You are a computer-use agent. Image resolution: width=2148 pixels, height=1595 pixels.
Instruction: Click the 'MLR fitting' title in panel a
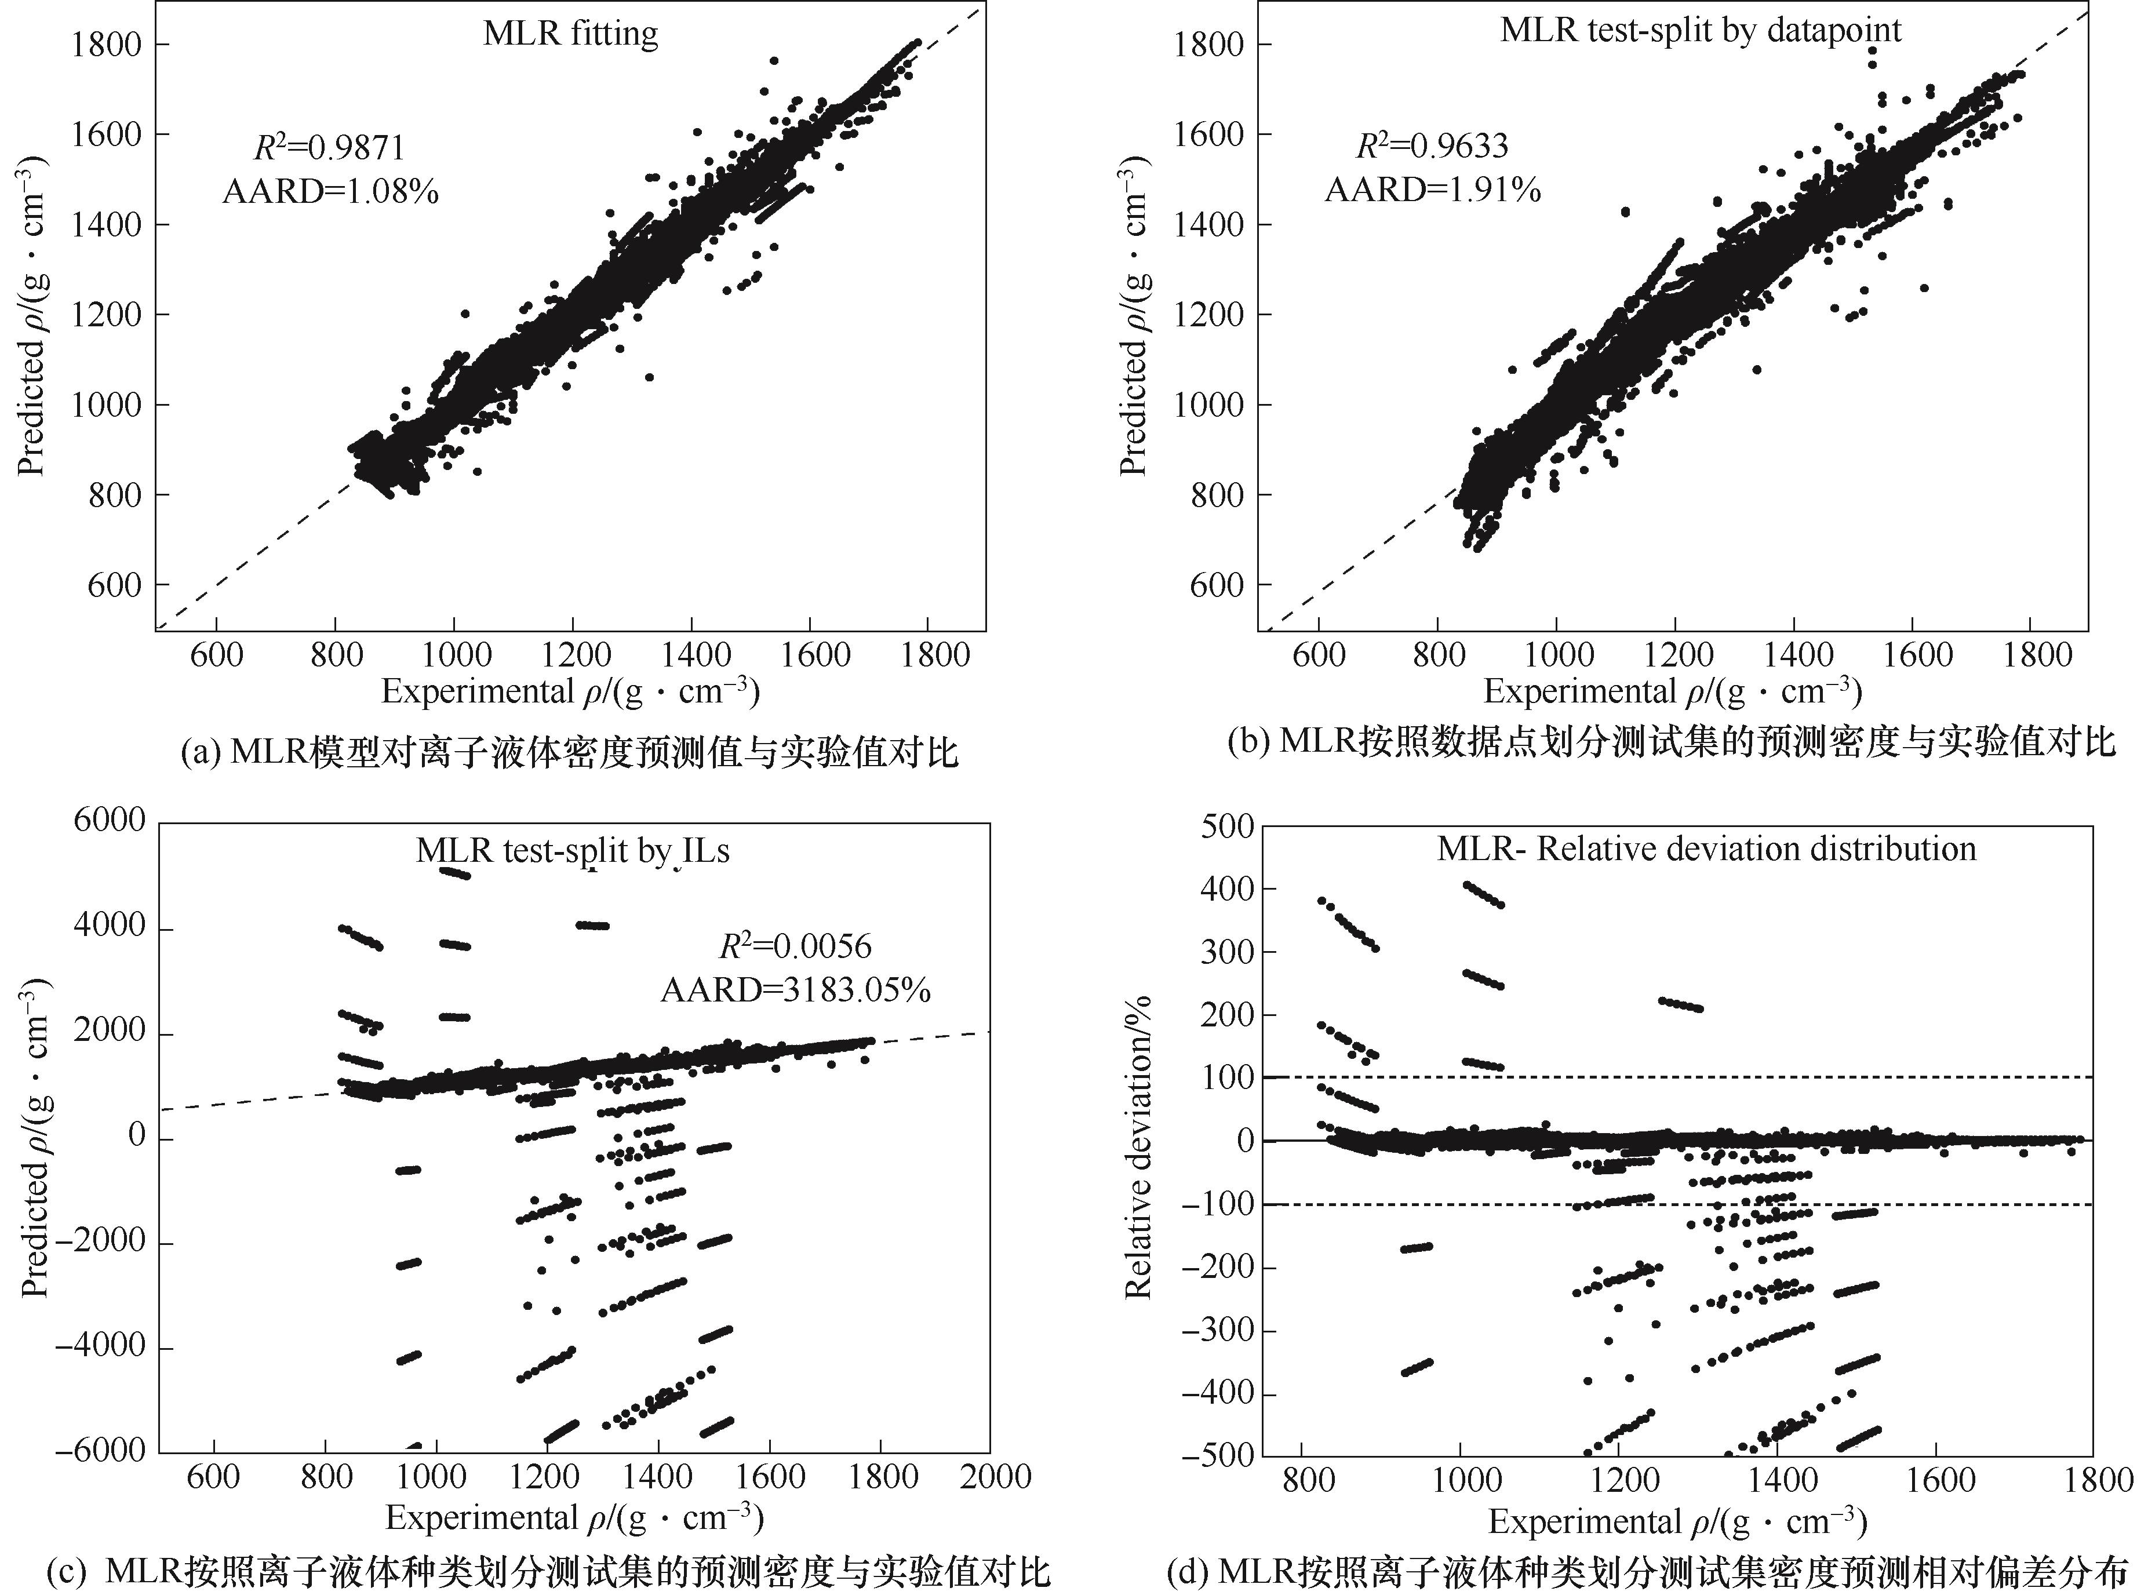[570, 34]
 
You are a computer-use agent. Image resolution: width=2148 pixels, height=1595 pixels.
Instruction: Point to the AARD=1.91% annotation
[1433, 190]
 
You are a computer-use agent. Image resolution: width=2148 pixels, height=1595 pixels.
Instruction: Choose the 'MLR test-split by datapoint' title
[1700, 30]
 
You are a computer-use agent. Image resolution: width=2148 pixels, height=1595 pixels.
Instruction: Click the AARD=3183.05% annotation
[795, 990]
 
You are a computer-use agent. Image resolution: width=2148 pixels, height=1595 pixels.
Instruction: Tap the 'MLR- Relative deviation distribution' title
[1706, 849]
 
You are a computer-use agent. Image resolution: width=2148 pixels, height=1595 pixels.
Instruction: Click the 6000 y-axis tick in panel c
[109, 821]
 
